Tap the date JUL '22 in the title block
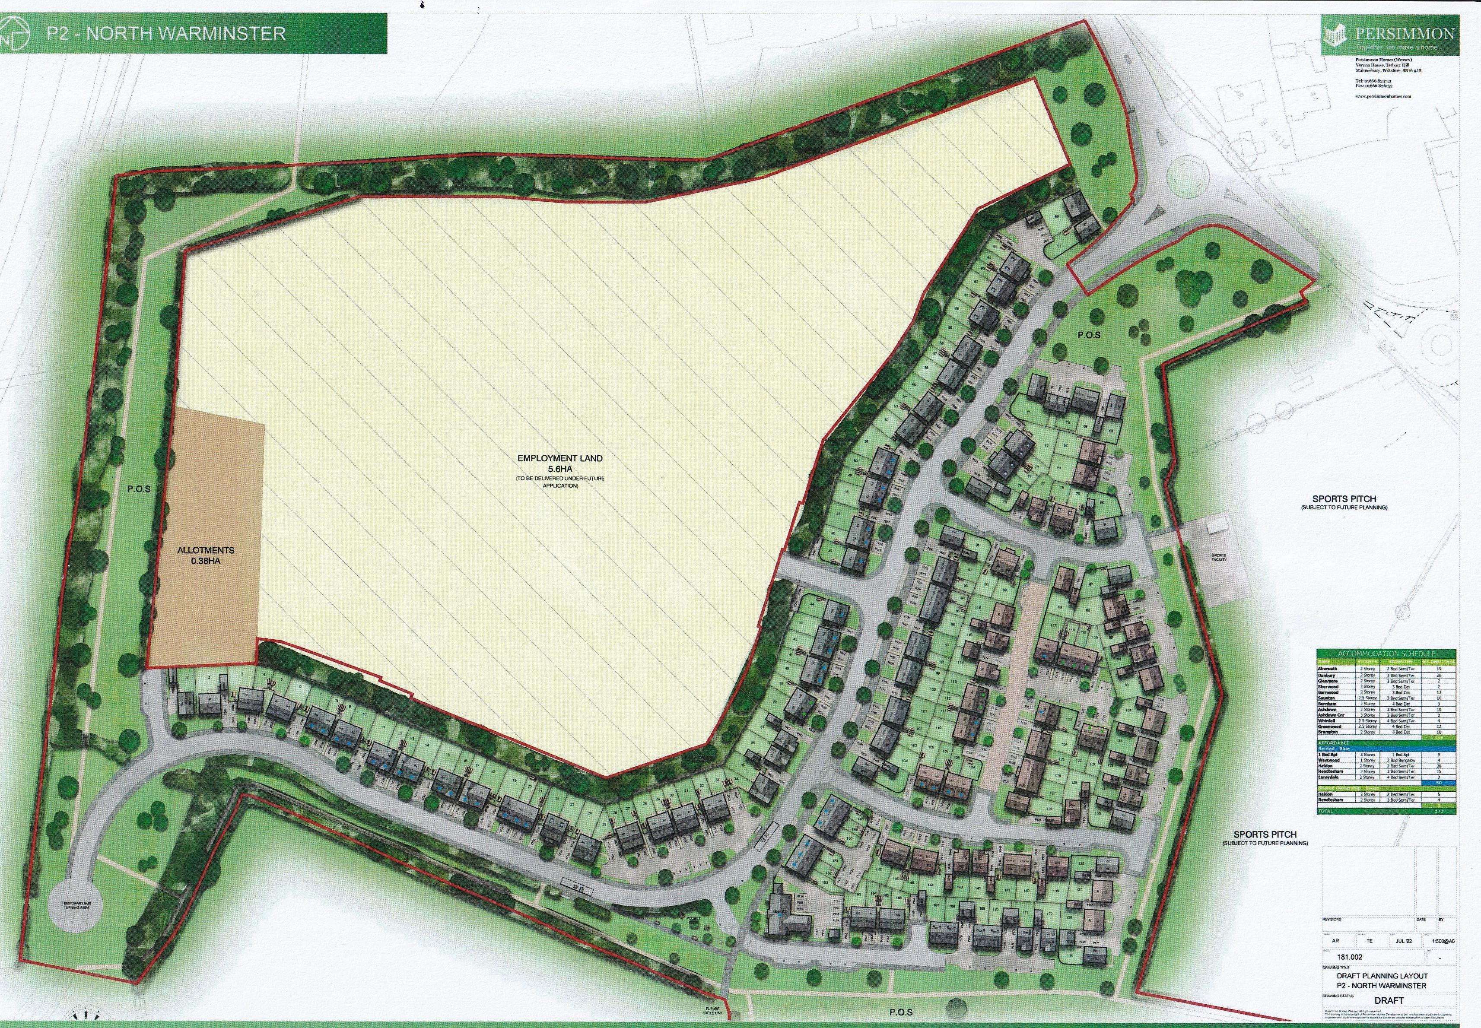tap(1397, 940)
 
